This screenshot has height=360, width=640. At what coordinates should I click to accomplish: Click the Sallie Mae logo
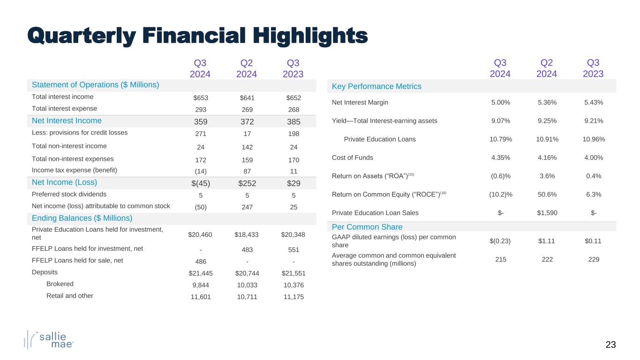point(49,339)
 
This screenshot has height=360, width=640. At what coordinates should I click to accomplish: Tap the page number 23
point(610,345)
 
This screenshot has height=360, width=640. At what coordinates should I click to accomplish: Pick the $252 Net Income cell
point(247,182)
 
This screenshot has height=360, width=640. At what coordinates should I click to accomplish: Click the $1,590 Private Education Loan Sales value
point(546,213)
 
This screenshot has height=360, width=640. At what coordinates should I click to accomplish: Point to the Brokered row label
point(60,284)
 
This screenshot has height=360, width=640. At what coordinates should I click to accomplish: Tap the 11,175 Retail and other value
point(294,297)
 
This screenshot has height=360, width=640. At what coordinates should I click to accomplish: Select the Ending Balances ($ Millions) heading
point(82,218)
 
